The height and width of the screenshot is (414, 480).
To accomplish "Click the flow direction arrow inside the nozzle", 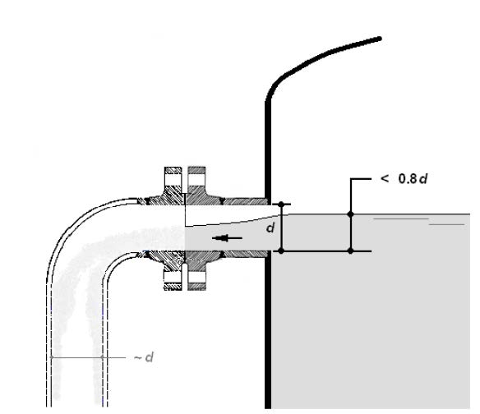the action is click(227, 237).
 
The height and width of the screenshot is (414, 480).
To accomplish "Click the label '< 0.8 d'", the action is click(404, 178).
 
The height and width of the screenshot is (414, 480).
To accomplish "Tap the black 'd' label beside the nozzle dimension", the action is click(270, 228).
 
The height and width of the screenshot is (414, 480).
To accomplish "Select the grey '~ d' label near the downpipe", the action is click(144, 357).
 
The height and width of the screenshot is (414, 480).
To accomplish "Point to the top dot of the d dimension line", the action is click(281, 204).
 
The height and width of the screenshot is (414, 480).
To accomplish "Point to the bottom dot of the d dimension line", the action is click(281, 251).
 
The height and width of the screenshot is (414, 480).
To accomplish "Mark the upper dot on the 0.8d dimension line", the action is click(351, 214).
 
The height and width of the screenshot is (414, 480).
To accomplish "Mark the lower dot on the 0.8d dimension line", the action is click(351, 251).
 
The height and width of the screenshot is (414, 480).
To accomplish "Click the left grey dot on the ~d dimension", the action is click(52, 357).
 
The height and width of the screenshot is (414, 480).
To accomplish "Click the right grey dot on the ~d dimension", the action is click(103, 357).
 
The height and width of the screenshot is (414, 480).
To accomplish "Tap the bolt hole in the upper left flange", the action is click(173, 180).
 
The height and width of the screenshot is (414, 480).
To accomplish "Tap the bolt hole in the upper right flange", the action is click(196, 180).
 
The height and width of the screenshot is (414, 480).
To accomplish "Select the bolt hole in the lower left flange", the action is click(173, 277).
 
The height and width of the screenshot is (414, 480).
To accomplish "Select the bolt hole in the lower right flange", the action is click(196, 277).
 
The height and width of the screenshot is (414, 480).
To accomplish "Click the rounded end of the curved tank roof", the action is click(379, 39).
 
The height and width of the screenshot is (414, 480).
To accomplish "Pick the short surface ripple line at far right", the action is click(447, 225).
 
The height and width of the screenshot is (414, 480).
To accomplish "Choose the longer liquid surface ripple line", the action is click(401, 219).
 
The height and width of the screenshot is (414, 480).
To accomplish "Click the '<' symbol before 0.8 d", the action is click(385, 178).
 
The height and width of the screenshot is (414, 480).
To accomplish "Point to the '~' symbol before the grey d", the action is click(137, 357).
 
